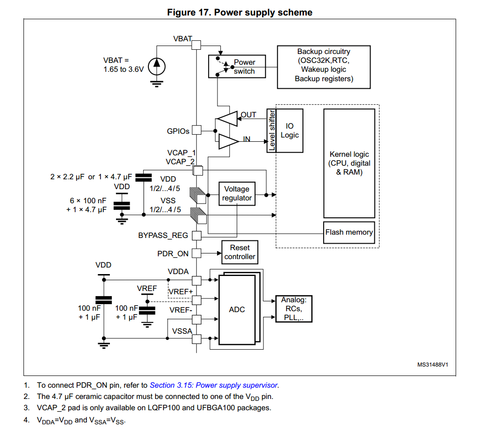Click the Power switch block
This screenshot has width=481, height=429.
click(237, 66)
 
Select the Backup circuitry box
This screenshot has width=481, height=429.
click(324, 67)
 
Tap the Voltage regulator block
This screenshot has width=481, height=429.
click(237, 193)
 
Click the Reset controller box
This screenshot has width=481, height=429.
click(240, 252)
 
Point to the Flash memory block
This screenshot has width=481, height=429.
click(349, 232)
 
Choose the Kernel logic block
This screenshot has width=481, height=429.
click(349, 163)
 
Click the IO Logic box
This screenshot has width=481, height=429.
click(289, 130)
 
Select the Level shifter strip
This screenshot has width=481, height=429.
click(272, 130)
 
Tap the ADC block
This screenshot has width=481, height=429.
click(237, 310)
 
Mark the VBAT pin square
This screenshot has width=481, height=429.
click(196, 45)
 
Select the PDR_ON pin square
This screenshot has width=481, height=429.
click(196, 253)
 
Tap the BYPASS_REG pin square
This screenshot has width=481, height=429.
click(196, 235)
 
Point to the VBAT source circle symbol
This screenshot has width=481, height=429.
click(157, 66)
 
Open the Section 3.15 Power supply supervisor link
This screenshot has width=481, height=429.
click(214, 385)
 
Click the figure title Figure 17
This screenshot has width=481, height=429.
click(240, 12)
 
